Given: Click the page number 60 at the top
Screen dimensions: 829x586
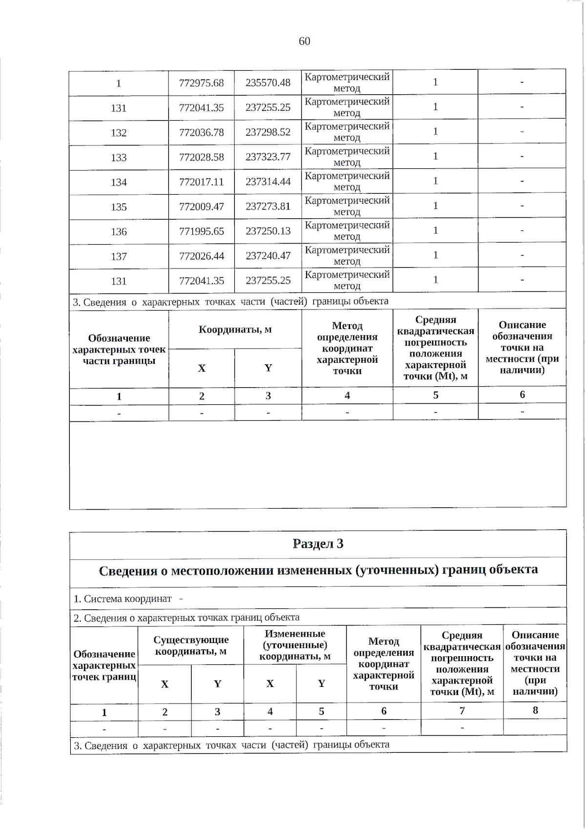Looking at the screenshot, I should point(304,41).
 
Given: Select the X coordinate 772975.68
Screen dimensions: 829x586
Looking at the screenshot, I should point(201,83).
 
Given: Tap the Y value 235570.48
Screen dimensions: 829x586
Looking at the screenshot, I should point(268,83).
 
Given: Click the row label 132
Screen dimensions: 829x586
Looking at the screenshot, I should point(119,133).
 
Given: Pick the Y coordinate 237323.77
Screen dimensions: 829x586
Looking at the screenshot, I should point(268,157).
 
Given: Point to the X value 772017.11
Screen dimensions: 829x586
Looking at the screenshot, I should point(201,182).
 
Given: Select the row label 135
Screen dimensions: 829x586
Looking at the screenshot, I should point(119,207).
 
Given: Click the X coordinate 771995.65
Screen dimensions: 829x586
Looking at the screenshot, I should point(201,231).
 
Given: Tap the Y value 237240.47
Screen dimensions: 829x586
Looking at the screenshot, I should point(268,256).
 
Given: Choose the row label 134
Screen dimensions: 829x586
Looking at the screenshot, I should point(119,182).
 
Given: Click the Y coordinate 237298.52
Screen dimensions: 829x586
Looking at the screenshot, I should point(268,132).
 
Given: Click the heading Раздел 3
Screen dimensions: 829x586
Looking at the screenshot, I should point(318,544).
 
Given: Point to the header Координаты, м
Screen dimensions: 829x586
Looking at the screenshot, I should point(235,330).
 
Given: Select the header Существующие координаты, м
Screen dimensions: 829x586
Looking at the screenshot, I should point(191,645).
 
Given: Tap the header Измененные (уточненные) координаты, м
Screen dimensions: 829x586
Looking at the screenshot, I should point(294,645).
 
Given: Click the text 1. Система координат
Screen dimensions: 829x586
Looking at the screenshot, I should point(123,599).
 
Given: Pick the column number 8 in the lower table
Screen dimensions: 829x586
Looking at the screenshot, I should point(535,710).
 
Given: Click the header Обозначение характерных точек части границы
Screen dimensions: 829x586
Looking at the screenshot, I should point(119,350).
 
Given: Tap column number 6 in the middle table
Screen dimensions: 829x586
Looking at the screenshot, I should point(522,394).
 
